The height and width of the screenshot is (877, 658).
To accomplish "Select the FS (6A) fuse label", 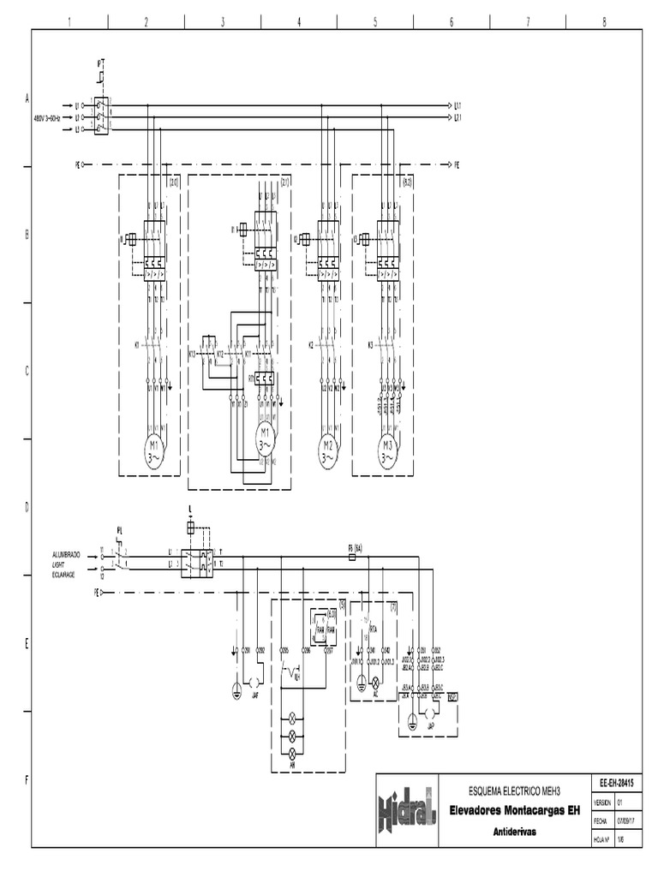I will pyautogui.click(x=356, y=547).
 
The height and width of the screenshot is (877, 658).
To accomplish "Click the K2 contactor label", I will pyautogui.click(x=311, y=345).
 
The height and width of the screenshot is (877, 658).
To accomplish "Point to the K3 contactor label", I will pyautogui.click(x=371, y=345).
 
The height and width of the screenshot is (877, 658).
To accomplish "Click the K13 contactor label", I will pyautogui.click(x=192, y=353).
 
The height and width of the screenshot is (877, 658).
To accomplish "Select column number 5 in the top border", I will pyautogui.click(x=375, y=21).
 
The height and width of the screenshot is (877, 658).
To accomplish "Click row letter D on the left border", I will pyautogui.click(x=27, y=507).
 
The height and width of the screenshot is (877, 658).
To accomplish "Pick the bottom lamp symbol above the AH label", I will pyautogui.click(x=290, y=750).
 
